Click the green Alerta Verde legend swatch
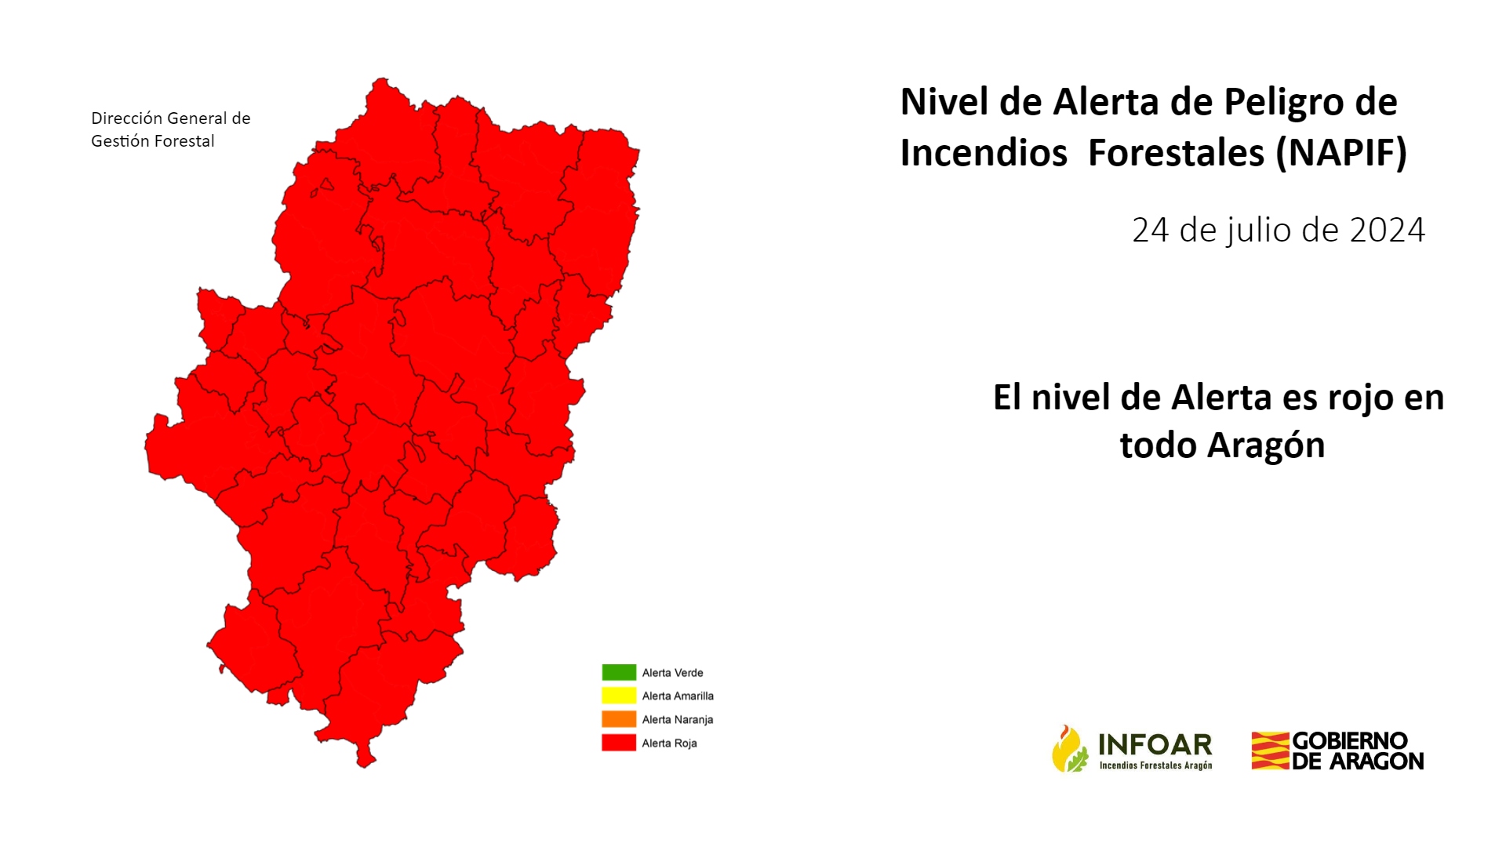(619, 672)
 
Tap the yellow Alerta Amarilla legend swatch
(619, 696)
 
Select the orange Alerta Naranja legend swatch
(619, 719)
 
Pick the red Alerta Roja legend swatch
(619, 743)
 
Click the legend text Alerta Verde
(672, 673)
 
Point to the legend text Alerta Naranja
(678, 720)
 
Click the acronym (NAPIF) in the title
(1341, 152)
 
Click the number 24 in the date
(1151, 230)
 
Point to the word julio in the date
(1257, 231)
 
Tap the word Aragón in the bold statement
(1265, 446)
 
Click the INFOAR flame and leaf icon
(1070, 749)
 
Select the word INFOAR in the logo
(1155, 744)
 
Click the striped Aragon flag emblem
(1271, 751)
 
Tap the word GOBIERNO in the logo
(1350, 741)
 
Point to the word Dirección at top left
(127, 118)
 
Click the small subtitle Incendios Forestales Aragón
(1155, 765)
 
